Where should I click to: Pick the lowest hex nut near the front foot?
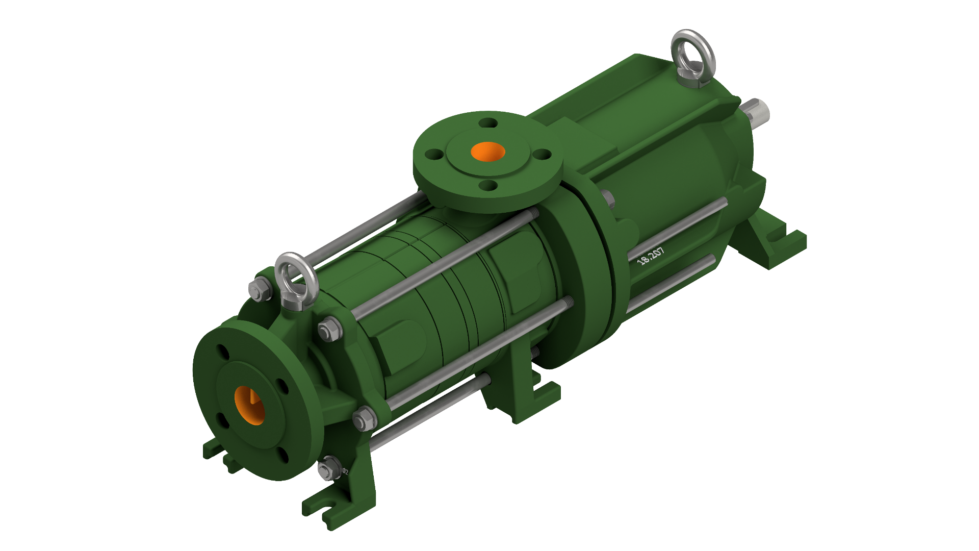329,468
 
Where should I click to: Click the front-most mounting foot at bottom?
331,505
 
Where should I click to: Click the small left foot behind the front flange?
214,449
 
